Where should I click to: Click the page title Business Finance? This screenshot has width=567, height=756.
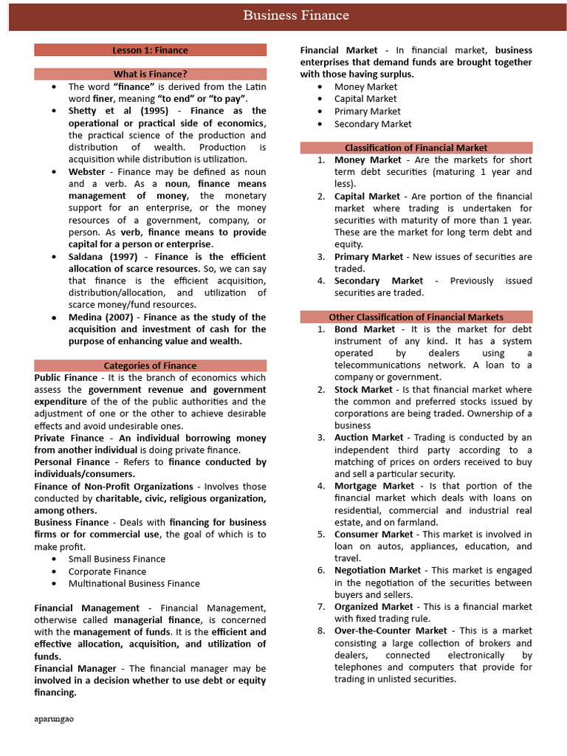pyautogui.click(x=296, y=16)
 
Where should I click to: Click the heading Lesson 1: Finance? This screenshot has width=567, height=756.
pyautogui.click(x=150, y=50)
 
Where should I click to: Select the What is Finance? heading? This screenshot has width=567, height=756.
pyautogui.click(x=150, y=74)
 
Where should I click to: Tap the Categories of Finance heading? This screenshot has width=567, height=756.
pyautogui.click(x=150, y=365)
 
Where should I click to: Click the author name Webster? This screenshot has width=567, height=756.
pyautogui.click(x=87, y=171)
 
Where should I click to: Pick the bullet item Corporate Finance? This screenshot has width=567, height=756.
pyautogui.click(x=107, y=571)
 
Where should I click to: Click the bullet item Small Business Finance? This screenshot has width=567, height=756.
pyautogui.click(x=117, y=559)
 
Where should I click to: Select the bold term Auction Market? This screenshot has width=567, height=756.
pyautogui.click(x=368, y=438)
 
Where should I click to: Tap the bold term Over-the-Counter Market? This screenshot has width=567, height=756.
pyautogui.click(x=391, y=630)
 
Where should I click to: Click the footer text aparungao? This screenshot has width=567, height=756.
pyautogui.click(x=54, y=718)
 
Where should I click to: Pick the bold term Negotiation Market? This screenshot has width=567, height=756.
pyautogui.click(x=379, y=571)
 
